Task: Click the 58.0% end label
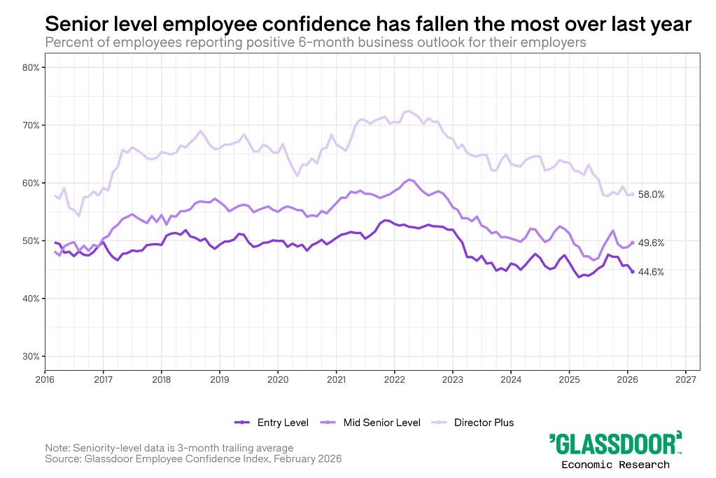click(651, 194)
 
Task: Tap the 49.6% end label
click(651, 243)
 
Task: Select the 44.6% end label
click(651, 272)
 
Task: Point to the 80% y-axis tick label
click(30, 68)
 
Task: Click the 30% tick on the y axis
click(30, 357)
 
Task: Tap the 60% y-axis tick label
click(30, 183)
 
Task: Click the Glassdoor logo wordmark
click(615, 444)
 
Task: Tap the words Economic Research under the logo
click(615, 465)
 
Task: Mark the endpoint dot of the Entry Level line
click(633, 272)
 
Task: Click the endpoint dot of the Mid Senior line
click(633, 243)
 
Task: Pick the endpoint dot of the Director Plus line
click(632, 194)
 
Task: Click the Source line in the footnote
click(193, 459)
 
